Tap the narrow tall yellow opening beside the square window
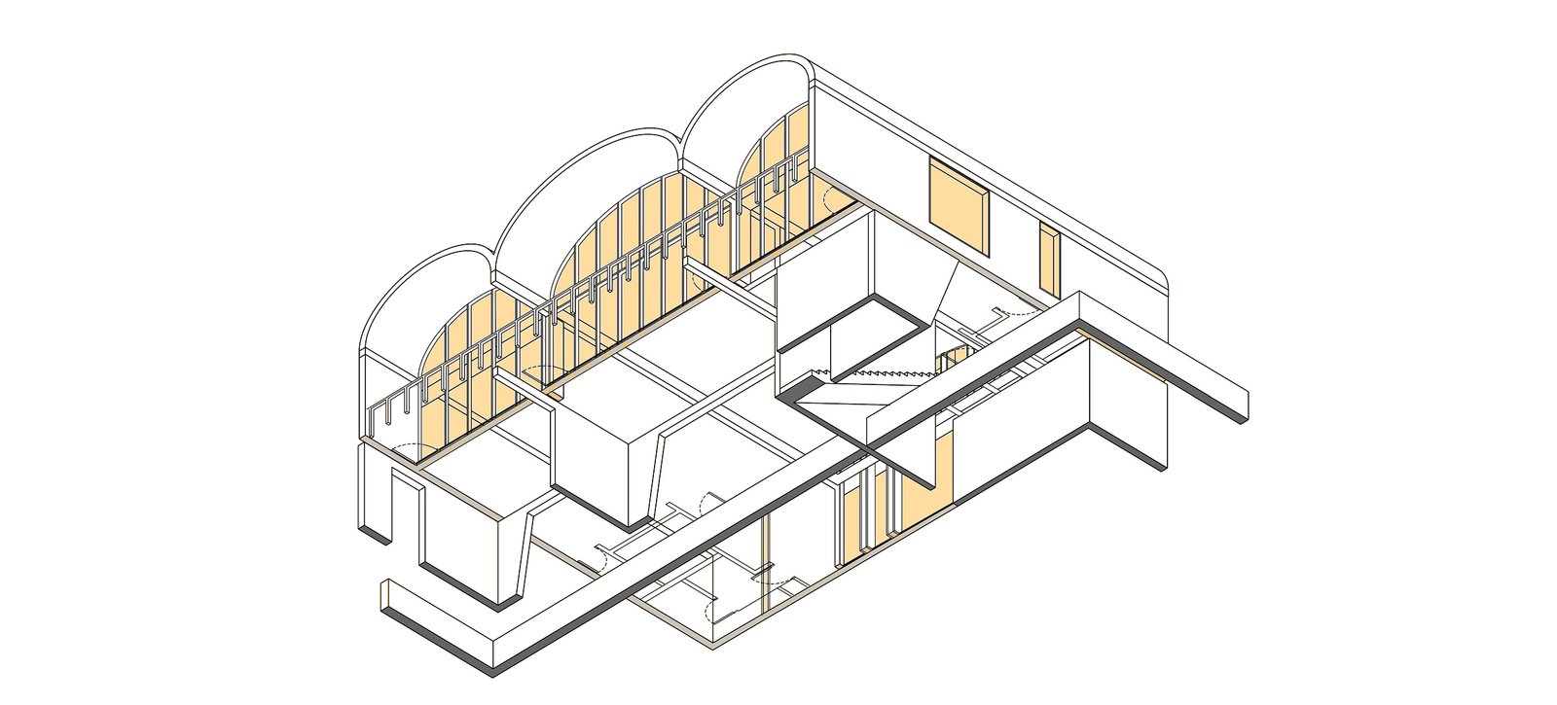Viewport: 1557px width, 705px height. [x=1048, y=259]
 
